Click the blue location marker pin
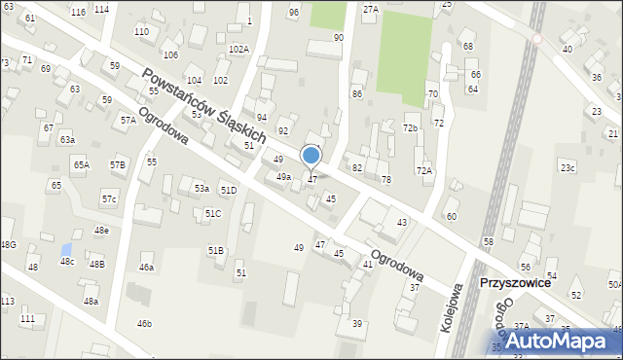coord(311,156)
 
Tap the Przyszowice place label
coord(516,283)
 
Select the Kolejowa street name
coord(450,309)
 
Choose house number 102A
coord(238,49)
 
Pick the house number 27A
coord(370,9)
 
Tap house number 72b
coord(411,127)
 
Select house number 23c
coord(567,168)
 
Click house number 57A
coord(128,120)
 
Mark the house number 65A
coord(81,165)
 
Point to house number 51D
coord(228,191)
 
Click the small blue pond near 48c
coord(65,249)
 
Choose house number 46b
coord(144,323)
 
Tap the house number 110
coord(141,32)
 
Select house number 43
coord(401,223)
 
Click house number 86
coord(357,93)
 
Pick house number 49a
coord(283,177)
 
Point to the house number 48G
coord(8,244)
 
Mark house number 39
coord(357,323)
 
